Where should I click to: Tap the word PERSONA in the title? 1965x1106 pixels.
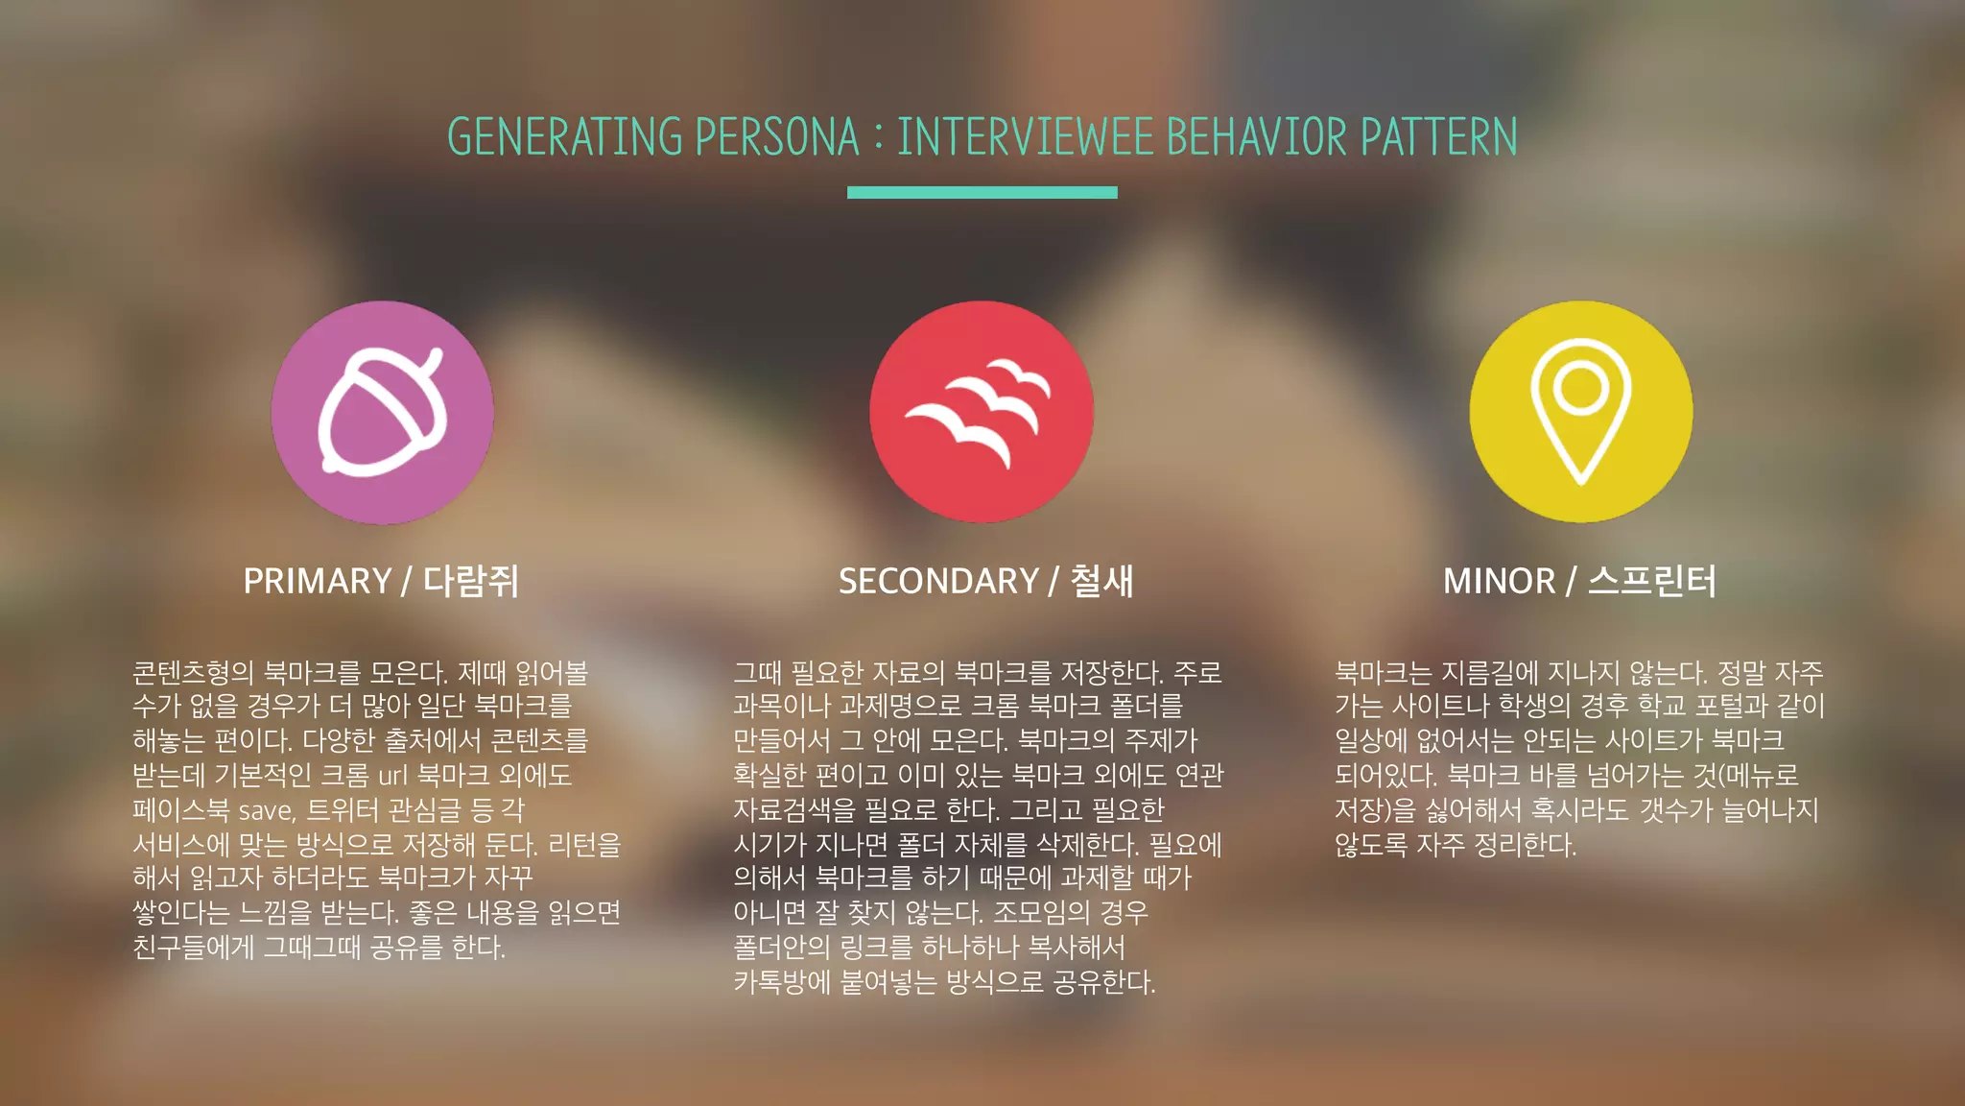(x=776, y=137)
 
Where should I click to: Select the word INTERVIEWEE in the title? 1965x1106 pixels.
(x=1025, y=137)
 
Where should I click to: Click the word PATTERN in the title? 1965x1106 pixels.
(x=1439, y=137)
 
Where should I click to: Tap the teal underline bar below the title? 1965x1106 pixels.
(x=982, y=193)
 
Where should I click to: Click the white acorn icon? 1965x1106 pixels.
(x=383, y=412)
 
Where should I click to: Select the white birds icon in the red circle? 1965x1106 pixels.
(x=980, y=411)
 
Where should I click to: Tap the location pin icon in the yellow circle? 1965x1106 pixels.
(x=1580, y=410)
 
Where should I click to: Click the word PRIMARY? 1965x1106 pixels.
(x=318, y=582)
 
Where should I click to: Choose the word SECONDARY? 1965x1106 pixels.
(x=938, y=582)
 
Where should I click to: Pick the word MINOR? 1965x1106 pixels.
(x=1499, y=582)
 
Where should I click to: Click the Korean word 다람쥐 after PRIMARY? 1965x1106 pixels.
(x=471, y=582)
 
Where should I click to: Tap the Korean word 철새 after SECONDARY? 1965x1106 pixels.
(x=1101, y=582)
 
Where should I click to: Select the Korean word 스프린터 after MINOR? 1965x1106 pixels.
(x=1651, y=582)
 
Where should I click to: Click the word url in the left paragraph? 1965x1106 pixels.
(x=393, y=776)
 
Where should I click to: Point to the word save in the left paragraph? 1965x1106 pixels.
(x=266, y=811)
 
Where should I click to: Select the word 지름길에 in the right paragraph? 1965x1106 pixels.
(x=1490, y=672)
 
